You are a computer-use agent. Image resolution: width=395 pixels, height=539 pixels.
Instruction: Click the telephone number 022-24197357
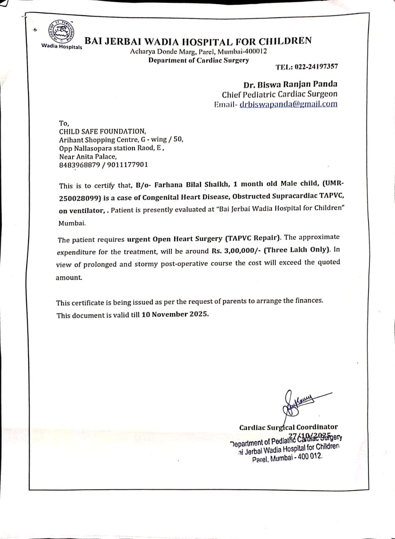(313, 67)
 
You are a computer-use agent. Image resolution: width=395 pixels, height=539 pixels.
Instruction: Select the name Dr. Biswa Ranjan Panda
(290, 84)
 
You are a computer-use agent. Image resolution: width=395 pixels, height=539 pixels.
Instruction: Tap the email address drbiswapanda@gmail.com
(288, 104)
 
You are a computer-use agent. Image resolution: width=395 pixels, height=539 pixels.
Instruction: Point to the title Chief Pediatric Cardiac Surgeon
(279, 94)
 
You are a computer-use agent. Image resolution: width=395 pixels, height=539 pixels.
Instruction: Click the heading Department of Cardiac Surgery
(199, 60)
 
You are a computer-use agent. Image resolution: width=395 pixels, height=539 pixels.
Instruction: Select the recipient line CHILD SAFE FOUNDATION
(102, 131)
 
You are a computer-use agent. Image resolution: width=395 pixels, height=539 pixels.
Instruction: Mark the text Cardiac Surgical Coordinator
(288, 427)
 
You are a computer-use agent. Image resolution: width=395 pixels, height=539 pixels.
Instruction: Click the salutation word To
(63, 123)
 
